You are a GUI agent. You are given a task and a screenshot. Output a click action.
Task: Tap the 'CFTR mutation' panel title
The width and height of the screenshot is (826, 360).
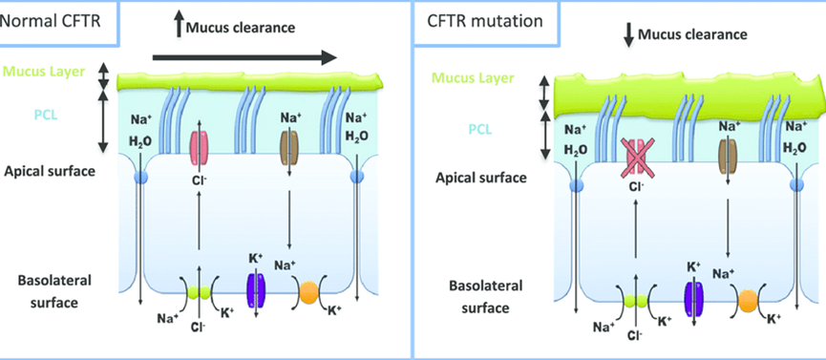click(484, 22)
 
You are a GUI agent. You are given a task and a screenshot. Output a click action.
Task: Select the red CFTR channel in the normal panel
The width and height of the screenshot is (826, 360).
click(200, 145)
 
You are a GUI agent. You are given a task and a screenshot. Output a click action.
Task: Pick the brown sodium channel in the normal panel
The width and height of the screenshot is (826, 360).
click(288, 145)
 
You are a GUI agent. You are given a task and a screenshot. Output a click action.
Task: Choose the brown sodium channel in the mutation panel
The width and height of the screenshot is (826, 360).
click(727, 155)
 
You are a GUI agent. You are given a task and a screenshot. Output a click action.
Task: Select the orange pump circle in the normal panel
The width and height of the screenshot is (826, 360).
click(309, 291)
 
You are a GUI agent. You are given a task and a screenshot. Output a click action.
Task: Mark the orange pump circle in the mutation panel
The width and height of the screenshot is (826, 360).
click(747, 302)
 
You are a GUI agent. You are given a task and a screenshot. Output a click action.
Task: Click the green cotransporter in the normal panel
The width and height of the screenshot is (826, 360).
click(200, 292)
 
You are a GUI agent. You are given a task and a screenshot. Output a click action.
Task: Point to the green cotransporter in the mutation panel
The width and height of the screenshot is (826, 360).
click(636, 301)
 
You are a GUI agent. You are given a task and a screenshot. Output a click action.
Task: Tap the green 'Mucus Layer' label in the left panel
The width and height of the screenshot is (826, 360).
click(42, 71)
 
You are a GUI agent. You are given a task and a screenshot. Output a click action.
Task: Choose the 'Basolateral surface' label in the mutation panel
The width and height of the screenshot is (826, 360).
click(486, 296)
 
